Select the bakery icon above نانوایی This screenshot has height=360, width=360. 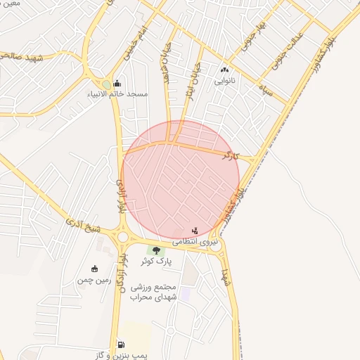224,70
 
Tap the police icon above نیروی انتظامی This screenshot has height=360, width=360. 195,231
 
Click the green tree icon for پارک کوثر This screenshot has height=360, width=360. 155,250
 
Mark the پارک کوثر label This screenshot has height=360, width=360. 155,261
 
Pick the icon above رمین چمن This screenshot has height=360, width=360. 95,268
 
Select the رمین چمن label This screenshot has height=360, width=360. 95,279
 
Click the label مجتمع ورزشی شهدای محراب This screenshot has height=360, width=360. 155,292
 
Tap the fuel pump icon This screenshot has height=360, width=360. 121,345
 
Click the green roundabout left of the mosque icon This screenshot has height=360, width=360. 105,84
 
